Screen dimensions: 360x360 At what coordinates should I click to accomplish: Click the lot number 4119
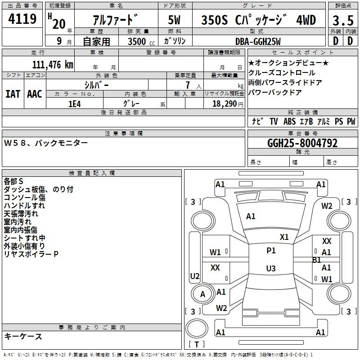coord(22,18)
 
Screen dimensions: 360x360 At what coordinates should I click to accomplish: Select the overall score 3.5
coord(343,20)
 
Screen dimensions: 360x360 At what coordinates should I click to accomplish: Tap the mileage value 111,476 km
coord(53,64)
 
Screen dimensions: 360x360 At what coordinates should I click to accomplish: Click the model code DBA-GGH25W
coord(258,41)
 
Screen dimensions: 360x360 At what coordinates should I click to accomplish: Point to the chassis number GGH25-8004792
coord(302,143)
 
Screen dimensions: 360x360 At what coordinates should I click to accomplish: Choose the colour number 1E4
coord(75,104)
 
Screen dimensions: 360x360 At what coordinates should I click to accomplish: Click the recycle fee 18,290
coord(225,104)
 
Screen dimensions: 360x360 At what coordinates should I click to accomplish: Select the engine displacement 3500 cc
coord(141,41)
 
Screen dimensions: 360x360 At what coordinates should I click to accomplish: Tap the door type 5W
coord(174,20)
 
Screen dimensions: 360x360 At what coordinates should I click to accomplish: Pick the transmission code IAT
coord(13,94)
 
